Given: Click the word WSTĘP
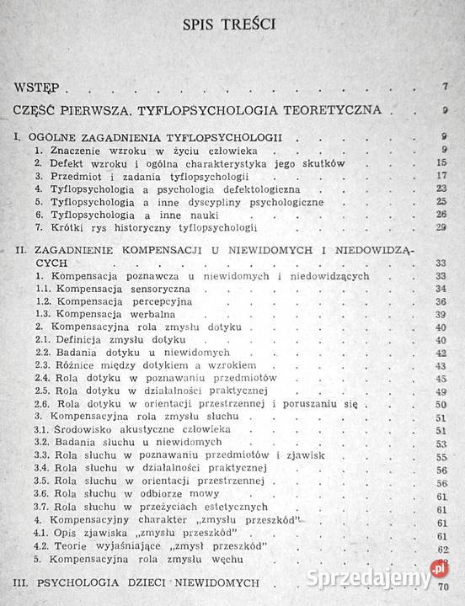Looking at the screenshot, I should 36,87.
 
